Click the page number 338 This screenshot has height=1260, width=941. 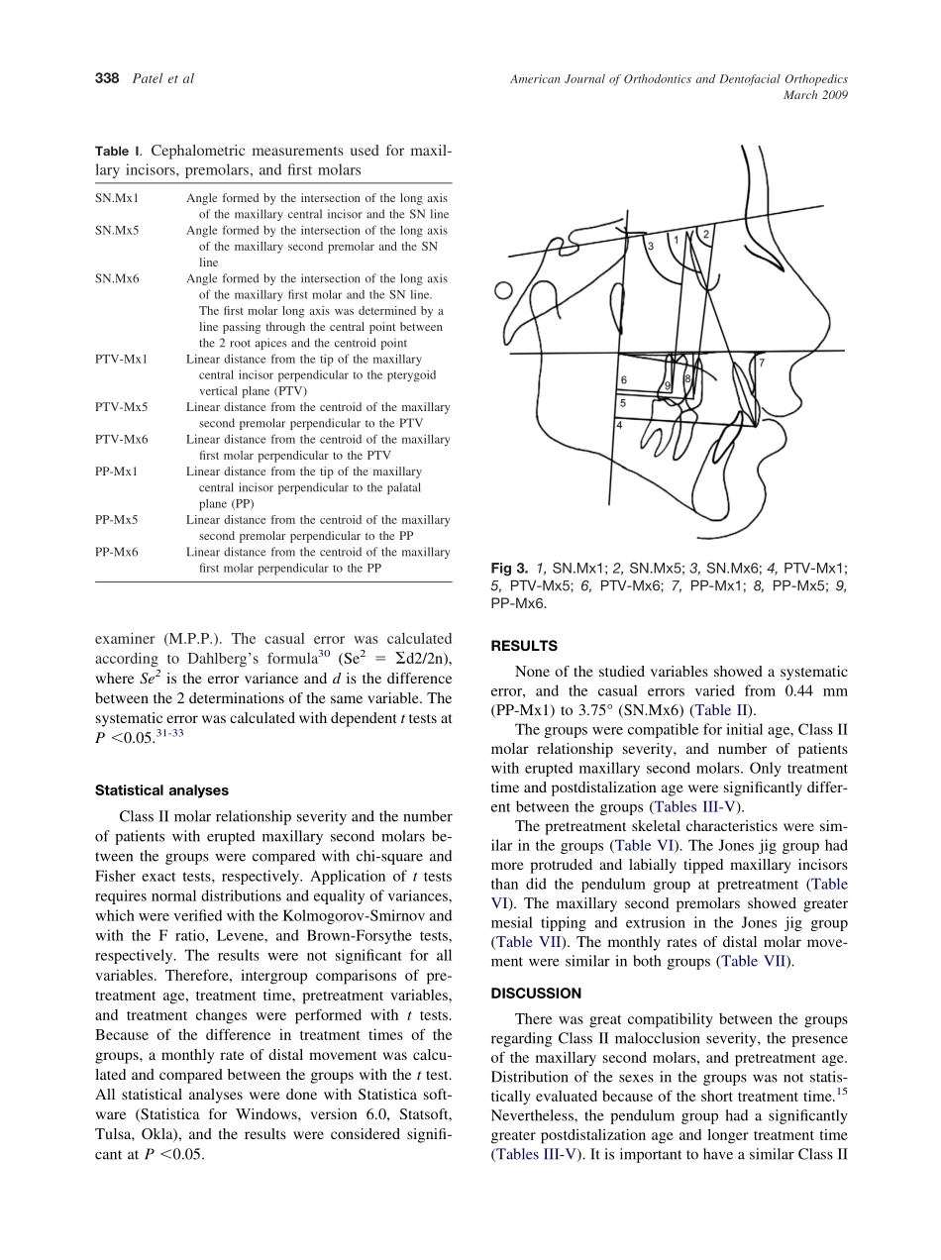[108, 78]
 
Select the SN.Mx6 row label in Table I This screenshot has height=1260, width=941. [117, 279]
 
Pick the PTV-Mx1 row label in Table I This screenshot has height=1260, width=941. [121, 360]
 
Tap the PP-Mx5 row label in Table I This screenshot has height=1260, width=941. [117, 520]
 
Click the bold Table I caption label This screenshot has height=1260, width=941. [117, 152]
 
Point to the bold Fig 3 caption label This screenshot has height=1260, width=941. [509, 569]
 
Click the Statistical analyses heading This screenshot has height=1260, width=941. [161, 790]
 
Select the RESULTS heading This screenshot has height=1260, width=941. [524, 646]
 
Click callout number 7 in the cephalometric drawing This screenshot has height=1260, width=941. [761, 364]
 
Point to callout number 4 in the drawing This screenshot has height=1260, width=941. [619, 425]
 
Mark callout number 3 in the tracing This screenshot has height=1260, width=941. [650, 245]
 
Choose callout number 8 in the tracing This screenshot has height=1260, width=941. [686, 378]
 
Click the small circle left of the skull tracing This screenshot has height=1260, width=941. [503, 291]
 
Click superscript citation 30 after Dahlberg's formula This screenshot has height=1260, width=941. [323, 653]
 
